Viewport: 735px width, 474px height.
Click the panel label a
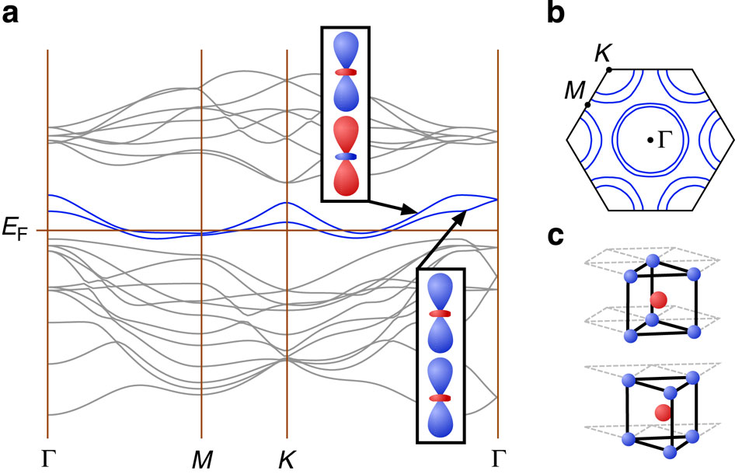point(10,15)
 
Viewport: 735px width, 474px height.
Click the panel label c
point(556,237)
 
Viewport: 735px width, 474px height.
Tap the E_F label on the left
point(16,230)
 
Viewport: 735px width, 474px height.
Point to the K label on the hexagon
point(602,54)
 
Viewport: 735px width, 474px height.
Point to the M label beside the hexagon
point(575,89)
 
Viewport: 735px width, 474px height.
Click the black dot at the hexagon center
point(650,140)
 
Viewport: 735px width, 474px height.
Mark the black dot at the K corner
point(609,69)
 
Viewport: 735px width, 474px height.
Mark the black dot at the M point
point(588,105)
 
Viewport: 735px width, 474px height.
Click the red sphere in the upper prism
point(659,300)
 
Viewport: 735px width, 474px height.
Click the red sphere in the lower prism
point(663,413)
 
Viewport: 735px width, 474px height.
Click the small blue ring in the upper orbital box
point(346,156)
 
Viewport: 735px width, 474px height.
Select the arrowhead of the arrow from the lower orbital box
point(462,217)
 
